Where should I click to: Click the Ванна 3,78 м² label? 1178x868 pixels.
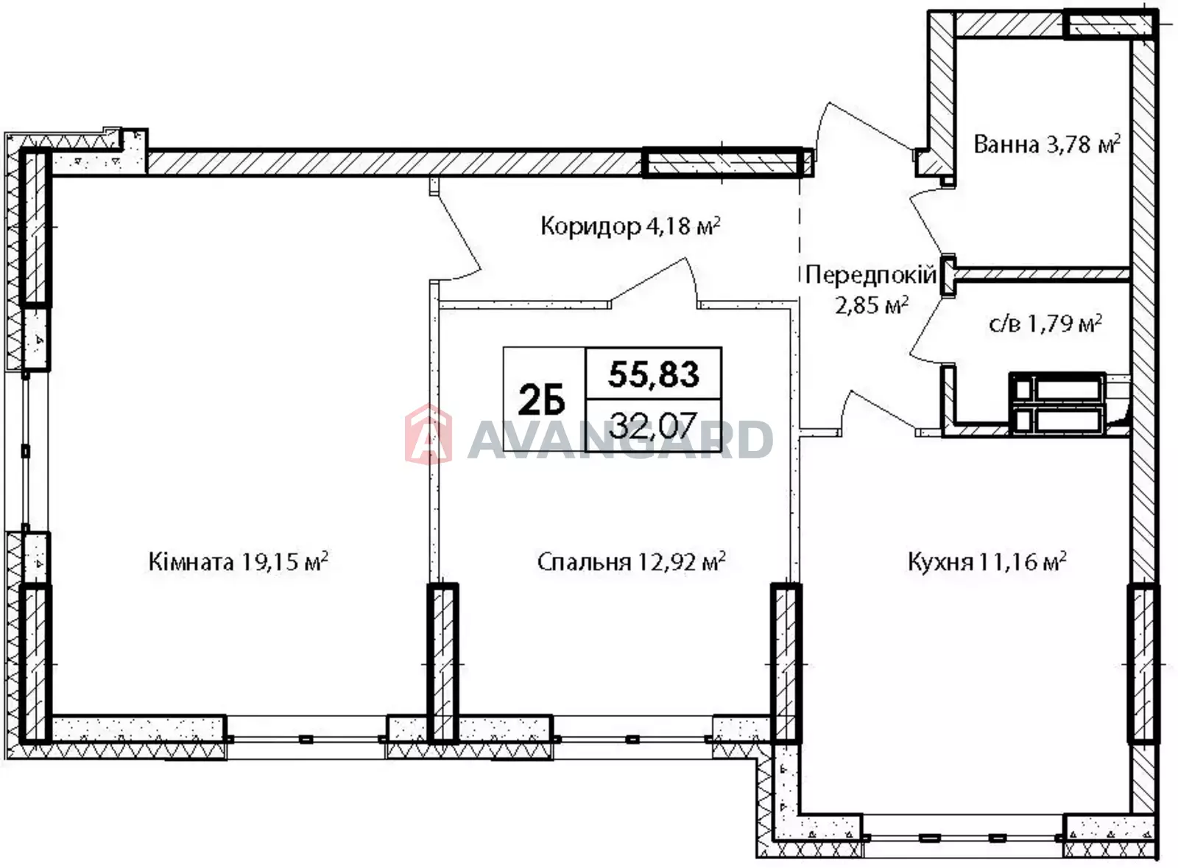point(1046,144)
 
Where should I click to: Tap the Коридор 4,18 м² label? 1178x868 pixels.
point(630,226)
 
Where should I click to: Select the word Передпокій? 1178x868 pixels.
point(871,275)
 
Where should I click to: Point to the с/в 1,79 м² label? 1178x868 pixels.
point(1045,323)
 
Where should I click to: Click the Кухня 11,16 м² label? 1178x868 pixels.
point(987,561)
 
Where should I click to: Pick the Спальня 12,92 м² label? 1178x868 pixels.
point(631,561)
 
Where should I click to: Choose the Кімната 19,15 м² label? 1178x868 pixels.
point(239,561)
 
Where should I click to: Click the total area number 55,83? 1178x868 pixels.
point(654,374)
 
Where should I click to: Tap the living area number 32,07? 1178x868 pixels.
point(653,424)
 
